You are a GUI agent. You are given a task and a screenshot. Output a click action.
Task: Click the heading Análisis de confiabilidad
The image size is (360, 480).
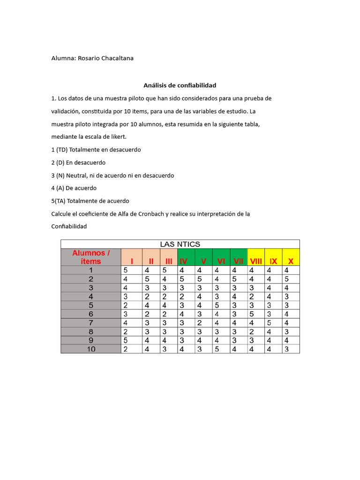[180, 85]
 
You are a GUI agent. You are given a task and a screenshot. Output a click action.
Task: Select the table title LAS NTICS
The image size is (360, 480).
[180, 244]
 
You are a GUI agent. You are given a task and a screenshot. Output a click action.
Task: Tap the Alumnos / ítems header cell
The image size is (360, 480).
[91, 257]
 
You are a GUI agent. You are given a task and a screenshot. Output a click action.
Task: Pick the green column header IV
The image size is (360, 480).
[184, 261]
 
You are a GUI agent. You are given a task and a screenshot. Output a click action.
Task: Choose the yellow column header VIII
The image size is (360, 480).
[256, 261]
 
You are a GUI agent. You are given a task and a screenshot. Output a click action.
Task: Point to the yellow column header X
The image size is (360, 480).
[291, 261]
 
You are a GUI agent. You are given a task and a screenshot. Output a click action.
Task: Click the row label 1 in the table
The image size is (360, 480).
[91, 270]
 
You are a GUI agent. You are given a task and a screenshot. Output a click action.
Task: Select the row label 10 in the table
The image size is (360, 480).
[91, 349]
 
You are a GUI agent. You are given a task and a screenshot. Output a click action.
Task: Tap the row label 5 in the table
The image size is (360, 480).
[91, 305]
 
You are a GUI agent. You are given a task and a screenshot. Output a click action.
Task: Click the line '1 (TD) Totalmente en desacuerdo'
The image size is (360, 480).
[96, 150]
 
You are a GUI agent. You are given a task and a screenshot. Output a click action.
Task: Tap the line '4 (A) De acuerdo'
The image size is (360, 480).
[74, 188]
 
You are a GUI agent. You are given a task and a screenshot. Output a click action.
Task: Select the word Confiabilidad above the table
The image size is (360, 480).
[69, 226]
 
